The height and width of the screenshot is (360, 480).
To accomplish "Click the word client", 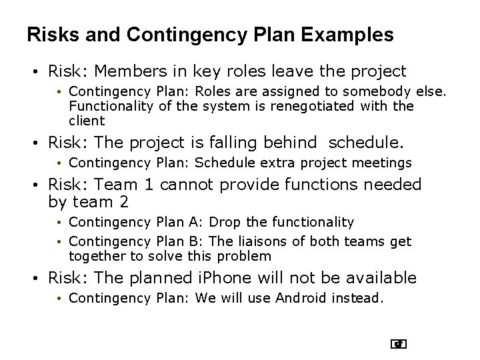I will (87, 121).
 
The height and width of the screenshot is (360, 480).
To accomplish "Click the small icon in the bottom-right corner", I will (399, 344).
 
